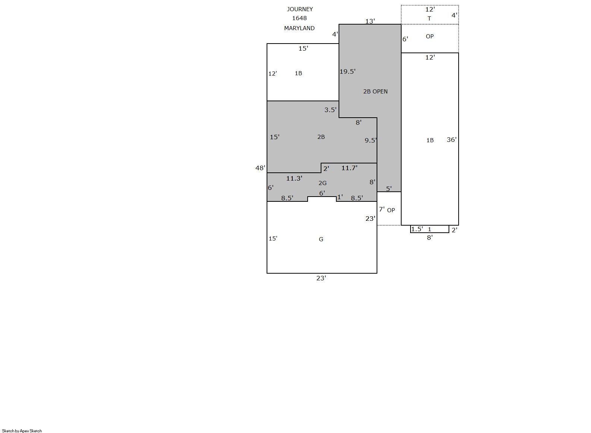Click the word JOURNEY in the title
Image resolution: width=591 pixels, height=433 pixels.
click(300, 9)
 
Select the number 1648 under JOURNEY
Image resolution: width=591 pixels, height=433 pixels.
click(299, 18)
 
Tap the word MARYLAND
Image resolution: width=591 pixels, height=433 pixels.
click(299, 28)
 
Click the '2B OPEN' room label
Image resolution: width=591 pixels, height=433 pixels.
click(375, 91)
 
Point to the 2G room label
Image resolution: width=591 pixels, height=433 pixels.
click(323, 183)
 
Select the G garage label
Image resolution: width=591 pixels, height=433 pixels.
click(321, 239)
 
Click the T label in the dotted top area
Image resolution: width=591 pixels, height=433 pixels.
click(429, 19)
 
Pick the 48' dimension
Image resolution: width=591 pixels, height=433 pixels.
click(260, 168)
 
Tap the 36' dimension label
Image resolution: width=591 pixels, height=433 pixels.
click(452, 140)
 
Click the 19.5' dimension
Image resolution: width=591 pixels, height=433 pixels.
click(348, 71)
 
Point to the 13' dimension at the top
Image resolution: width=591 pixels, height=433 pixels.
click(370, 21)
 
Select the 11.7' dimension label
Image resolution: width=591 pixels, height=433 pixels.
click(349, 168)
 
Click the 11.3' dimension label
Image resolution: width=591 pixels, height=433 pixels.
click(294, 178)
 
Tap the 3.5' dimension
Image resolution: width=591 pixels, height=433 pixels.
click(330, 110)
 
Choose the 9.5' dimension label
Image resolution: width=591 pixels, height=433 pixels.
click(371, 140)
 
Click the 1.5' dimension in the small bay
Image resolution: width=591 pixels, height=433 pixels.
click(417, 229)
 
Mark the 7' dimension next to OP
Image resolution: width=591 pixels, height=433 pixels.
click(381, 209)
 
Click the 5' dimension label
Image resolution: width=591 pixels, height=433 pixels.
click(389, 189)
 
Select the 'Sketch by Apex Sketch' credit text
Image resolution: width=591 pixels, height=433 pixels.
click(22, 431)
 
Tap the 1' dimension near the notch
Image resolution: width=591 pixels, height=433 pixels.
click(340, 197)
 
